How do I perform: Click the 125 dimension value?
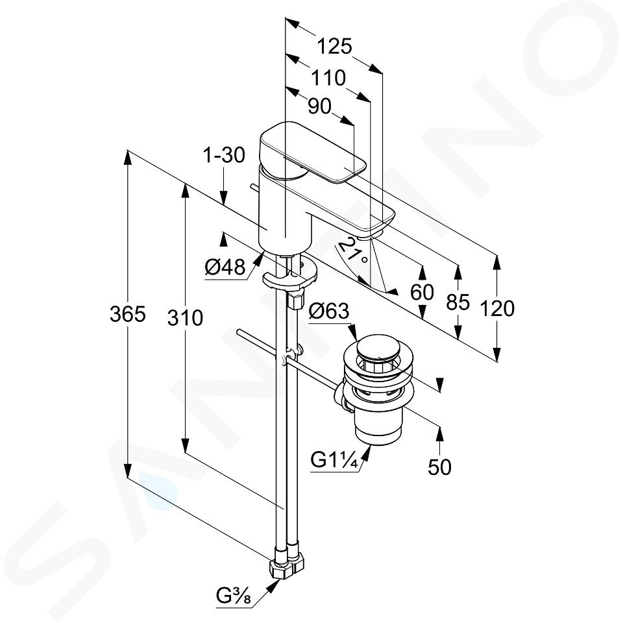point(334,47)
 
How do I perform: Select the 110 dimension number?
point(328,78)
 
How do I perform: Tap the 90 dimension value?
point(319,106)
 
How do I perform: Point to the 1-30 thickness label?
point(224,155)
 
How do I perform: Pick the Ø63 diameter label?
point(329,311)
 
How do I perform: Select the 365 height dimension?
point(128,314)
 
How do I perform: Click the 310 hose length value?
point(185,318)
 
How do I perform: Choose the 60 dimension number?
point(422,293)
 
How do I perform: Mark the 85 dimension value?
point(458,302)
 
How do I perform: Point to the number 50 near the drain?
point(439,467)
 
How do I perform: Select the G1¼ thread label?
point(335,461)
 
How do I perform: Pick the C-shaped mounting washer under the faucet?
point(290,276)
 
